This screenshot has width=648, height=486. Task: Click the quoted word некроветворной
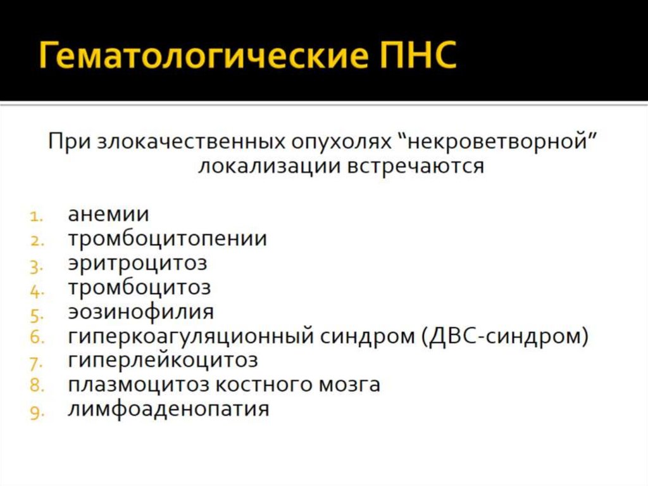499,141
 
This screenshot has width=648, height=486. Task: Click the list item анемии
109,214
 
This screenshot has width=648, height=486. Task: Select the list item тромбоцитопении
168,239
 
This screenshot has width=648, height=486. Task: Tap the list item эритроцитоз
137,263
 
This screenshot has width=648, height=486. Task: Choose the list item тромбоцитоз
139,287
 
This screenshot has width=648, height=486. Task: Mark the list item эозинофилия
141,312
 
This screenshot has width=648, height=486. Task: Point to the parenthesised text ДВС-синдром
504,336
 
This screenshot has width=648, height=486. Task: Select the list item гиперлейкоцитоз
163,360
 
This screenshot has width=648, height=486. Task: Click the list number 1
35,216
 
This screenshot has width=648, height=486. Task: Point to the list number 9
35,411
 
